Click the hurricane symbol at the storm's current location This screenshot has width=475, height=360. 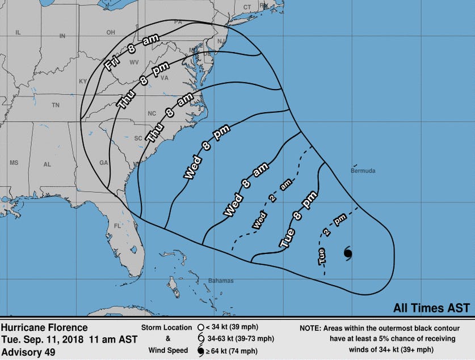pos(348,253)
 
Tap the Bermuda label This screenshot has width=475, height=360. pos(363,171)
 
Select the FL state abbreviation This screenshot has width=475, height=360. pos(118,226)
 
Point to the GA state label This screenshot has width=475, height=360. pos(103,163)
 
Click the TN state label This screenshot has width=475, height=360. pos(56,105)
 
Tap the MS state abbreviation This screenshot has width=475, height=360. pos(14,163)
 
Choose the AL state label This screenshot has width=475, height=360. pos(47,164)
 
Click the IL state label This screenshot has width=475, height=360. pos(18,33)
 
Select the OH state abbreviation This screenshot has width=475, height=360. pos(111,32)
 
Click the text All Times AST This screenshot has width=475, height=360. pos(431,308)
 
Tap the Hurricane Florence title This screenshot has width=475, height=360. pos(44,328)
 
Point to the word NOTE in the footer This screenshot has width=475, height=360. pos(311,328)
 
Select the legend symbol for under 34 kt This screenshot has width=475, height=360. pos(201,328)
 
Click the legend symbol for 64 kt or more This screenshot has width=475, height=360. pos(201,351)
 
